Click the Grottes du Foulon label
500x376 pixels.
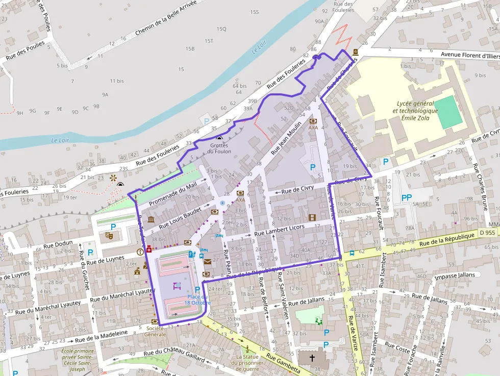219,148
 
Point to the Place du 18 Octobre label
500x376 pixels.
198,299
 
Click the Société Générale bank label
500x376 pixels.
155,331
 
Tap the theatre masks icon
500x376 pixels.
109,236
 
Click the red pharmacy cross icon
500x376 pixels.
149,249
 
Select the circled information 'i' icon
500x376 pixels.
140,252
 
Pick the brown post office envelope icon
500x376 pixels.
207,262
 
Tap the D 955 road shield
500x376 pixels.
487,233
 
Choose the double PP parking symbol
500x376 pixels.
407,197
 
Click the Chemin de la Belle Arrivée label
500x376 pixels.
166,24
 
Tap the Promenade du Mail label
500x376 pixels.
173,194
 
